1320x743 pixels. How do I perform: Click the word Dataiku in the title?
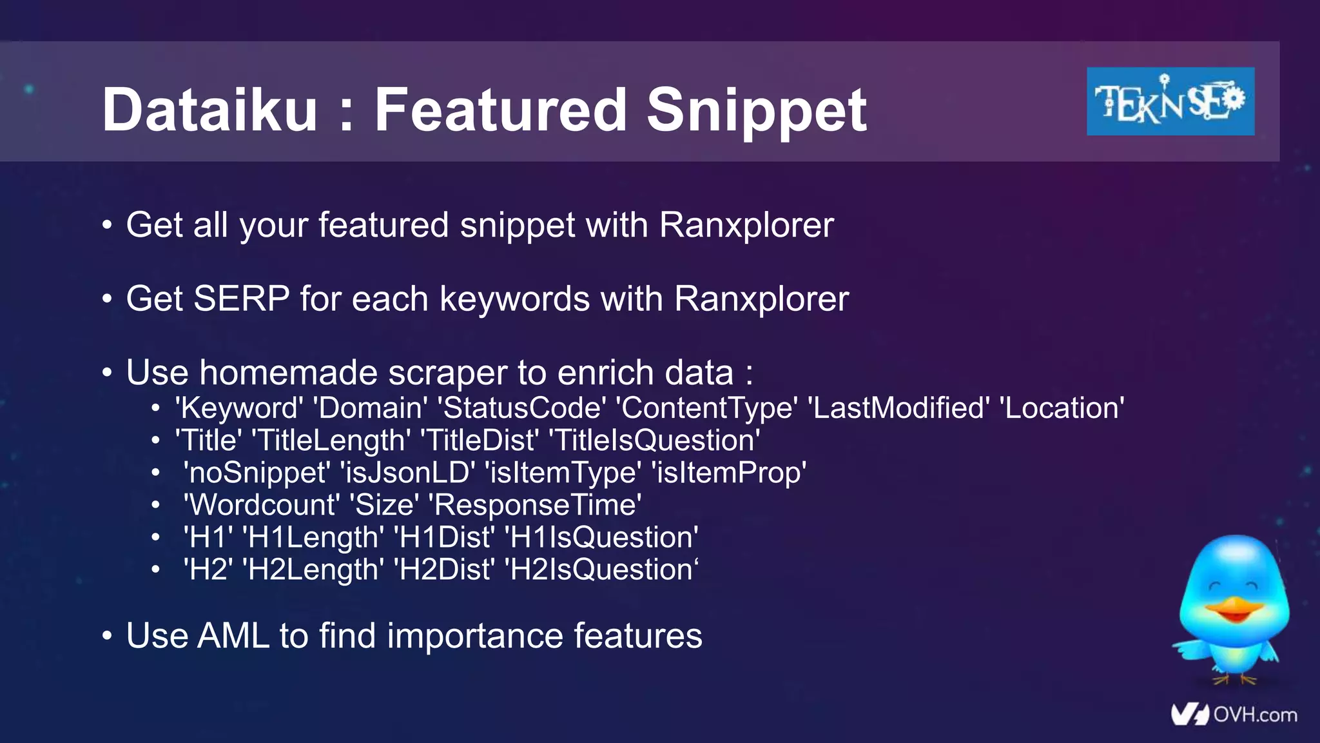[209, 110]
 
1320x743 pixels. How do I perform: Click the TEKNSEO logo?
[1170, 101]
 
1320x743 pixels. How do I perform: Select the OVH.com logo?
[1234, 715]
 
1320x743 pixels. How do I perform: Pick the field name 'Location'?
[1062, 408]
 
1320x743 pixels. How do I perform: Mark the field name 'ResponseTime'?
[535, 505]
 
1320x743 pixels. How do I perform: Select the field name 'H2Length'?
[313, 570]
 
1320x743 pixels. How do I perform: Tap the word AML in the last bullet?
[233, 636]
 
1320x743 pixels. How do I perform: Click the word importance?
[475, 637]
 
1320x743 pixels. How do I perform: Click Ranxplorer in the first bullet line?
[746, 226]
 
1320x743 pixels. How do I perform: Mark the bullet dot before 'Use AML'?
[107, 637]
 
